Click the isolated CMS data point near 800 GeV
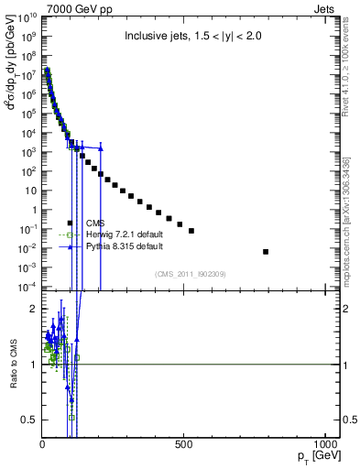click(x=266, y=251)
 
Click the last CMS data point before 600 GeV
click(x=191, y=231)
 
